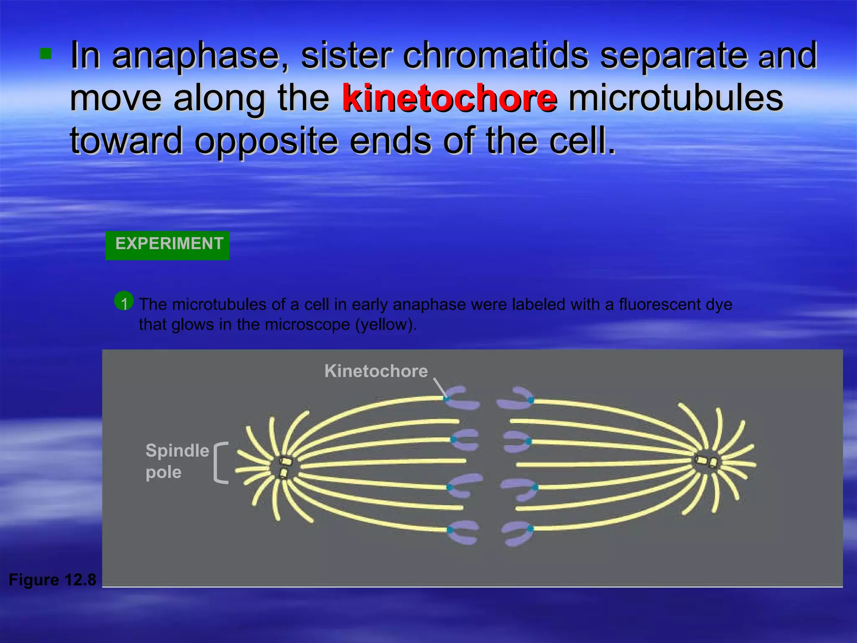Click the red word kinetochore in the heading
pyautogui.click(x=449, y=98)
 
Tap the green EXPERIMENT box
pyautogui.click(x=167, y=245)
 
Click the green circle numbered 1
pyautogui.click(x=124, y=301)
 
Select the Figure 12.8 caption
pyautogui.click(x=52, y=580)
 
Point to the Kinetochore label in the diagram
pyautogui.click(x=376, y=371)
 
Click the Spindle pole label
pyautogui.click(x=177, y=461)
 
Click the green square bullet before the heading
pyautogui.click(x=46, y=54)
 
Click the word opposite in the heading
pyautogui.click(x=266, y=141)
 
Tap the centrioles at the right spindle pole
pyautogui.click(x=707, y=462)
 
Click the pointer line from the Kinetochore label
pyautogui.click(x=440, y=387)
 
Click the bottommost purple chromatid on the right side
pyautogui.click(x=518, y=534)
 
